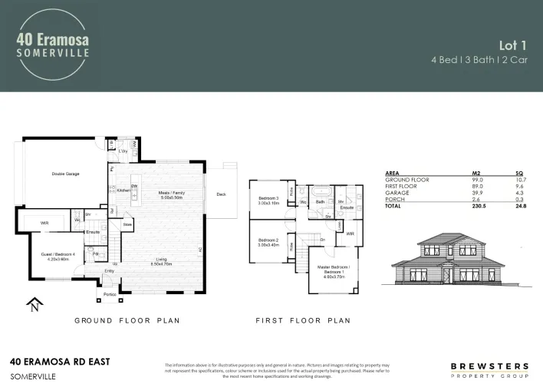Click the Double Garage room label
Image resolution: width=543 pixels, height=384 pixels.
66,174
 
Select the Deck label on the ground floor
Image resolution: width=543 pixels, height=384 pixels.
221,194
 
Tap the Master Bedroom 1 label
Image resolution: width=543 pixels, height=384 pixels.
333,272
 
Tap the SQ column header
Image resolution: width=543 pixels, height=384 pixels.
519,174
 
